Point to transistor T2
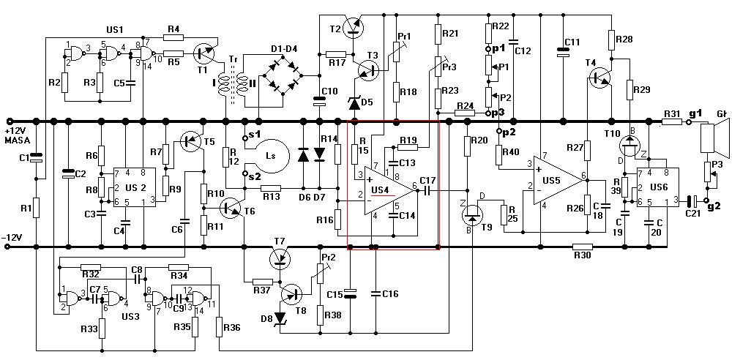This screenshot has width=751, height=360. [x=354, y=27]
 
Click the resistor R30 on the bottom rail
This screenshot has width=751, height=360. [x=583, y=247]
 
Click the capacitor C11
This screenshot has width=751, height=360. [x=562, y=51]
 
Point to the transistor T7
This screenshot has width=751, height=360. [x=279, y=258]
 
